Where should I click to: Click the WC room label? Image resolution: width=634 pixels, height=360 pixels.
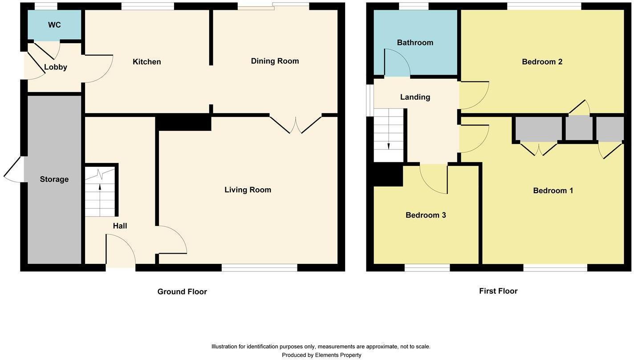point(54,25)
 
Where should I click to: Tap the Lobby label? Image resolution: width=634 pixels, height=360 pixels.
point(55,67)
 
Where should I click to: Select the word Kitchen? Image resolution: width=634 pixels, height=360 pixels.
point(146,62)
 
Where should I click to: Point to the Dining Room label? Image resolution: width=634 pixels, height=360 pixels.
point(275,61)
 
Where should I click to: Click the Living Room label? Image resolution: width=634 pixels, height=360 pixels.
point(248,190)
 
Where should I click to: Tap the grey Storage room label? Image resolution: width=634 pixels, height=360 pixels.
point(54,179)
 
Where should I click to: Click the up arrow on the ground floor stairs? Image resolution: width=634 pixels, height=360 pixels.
point(100,187)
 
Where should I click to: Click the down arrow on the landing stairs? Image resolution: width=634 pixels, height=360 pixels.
point(389,146)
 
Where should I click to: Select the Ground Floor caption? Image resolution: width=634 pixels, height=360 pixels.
point(182,292)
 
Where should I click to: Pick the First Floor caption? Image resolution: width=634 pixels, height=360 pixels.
point(498,291)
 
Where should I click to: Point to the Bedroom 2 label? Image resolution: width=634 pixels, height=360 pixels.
point(542,62)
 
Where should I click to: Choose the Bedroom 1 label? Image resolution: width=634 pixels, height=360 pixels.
point(553,191)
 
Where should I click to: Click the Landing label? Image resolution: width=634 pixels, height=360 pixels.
point(415,97)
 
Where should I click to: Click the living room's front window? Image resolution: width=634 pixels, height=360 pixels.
point(259,267)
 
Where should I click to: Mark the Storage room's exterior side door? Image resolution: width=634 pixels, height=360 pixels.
point(14,169)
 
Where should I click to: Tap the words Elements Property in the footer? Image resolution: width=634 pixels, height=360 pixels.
point(338,355)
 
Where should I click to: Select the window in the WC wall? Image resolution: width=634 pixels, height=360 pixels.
point(46,6)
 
